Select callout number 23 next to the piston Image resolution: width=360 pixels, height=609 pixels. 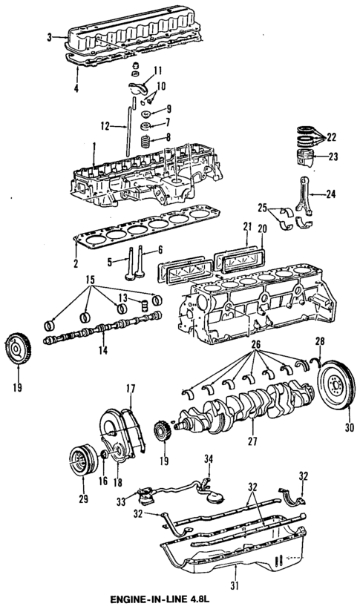coord(332,156)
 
